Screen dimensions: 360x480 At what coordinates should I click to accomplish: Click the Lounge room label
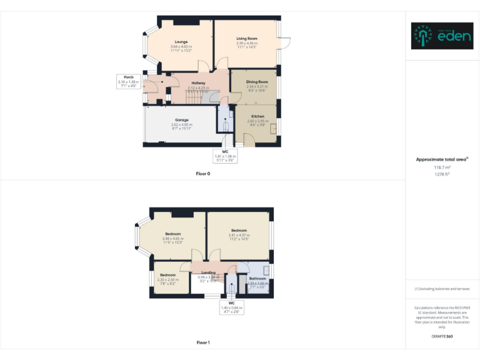[x=181, y=42]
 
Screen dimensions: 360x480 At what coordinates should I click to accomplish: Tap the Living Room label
[x=247, y=38]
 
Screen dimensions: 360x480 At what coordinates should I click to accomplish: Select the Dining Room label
[x=257, y=82]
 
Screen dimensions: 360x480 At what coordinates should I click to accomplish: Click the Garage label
[x=181, y=120]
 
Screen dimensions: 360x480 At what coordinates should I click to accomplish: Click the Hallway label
[x=199, y=83]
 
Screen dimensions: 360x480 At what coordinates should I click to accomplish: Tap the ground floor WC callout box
[x=225, y=156]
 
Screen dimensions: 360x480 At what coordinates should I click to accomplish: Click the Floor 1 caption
[x=203, y=342]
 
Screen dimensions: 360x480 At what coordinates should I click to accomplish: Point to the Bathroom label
[x=257, y=279]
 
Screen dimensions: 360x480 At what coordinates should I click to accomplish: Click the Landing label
[x=209, y=272]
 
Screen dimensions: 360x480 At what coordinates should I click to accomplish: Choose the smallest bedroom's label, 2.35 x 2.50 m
[x=167, y=275]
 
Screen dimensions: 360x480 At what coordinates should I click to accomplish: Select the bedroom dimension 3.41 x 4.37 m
[x=239, y=235]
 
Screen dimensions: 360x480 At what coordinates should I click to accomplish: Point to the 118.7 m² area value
[x=442, y=167]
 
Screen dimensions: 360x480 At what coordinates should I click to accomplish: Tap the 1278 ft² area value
[x=442, y=174]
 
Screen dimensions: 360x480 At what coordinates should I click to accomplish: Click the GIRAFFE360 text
[x=442, y=337]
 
